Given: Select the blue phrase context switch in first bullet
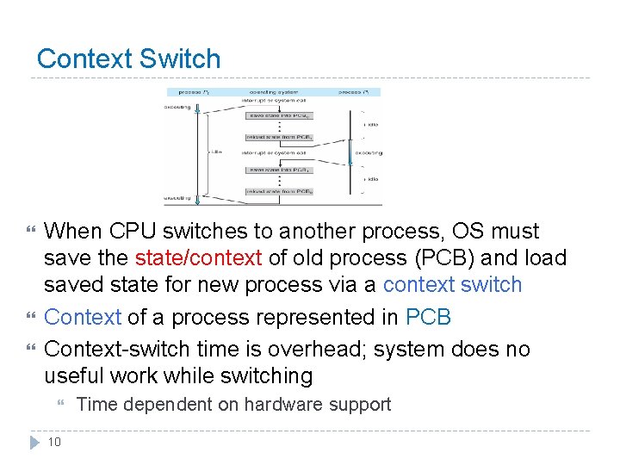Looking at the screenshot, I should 452,284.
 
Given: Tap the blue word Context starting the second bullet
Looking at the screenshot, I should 83,317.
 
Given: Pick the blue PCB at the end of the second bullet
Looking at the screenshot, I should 428,317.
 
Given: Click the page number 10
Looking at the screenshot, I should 53,442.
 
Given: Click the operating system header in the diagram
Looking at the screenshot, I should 269,91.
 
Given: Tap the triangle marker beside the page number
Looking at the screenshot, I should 34,442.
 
